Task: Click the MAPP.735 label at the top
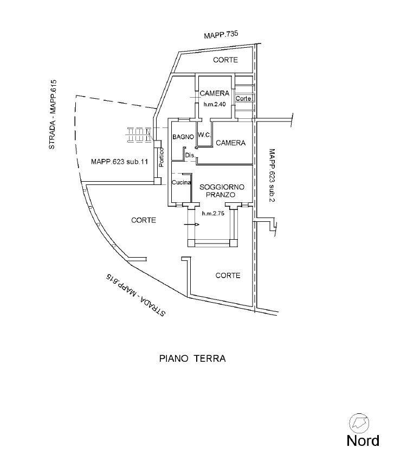[x=221, y=35]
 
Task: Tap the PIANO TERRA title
[x=192, y=359]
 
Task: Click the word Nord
[x=363, y=440]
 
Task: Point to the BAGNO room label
[x=183, y=137]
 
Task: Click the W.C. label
[x=204, y=135]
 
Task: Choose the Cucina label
[x=182, y=182]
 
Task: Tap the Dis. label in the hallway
[x=190, y=155]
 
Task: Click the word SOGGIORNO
[x=222, y=187]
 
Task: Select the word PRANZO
[x=221, y=195]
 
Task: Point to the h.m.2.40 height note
[x=215, y=105]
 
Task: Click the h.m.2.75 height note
[x=213, y=214]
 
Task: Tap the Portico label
[x=161, y=157]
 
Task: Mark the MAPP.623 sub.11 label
[x=119, y=162]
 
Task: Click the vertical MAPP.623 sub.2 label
[x=272, y=175]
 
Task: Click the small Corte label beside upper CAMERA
[x=243, y=98]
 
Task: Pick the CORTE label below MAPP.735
[x=225, y=60]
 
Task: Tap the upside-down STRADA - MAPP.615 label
[x=135, y=295]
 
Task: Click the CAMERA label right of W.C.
[x=230, y=143]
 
